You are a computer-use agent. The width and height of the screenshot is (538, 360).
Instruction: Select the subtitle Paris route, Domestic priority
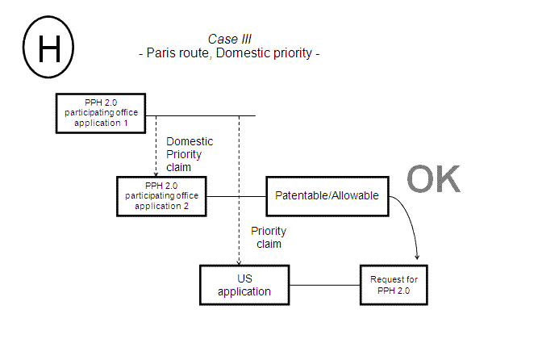click(x=230, y=53)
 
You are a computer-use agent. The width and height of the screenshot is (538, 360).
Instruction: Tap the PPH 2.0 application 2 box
click(x=161, y=196)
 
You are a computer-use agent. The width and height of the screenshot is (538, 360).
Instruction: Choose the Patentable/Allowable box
click(x=327, y=195)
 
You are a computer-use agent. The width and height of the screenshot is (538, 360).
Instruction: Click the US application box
click(x=244, y=285)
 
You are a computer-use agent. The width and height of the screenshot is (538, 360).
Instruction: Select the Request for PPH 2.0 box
click(x=393, y=285)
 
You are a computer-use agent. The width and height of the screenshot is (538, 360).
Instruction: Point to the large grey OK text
click(x=433, y=180)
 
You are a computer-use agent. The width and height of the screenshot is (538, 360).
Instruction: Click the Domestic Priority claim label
click(x=189, y=153)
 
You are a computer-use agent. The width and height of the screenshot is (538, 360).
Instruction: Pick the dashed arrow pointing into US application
click(x=239, y=194)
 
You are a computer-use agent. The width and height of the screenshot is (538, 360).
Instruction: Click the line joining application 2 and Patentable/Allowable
click(x=236, y=196)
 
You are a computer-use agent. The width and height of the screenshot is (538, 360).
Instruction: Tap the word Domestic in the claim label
click(x=190, y=141)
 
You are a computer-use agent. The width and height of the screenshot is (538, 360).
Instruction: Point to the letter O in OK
click(x=419, y=180)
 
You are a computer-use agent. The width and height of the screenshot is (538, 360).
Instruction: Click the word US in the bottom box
click(x=244, y=278)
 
